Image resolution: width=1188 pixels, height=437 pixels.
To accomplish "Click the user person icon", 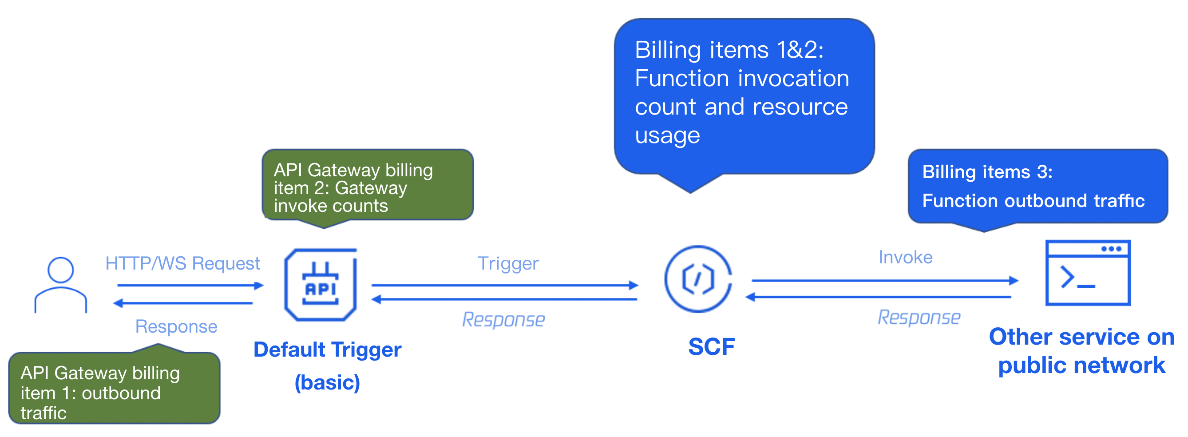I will tap(60, 285).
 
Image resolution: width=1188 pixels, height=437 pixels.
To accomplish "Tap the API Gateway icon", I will tap(321, 285).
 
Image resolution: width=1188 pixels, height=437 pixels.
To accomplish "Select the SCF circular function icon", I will tap(698, 279).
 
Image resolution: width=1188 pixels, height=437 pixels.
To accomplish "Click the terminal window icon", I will tap(1088, 273).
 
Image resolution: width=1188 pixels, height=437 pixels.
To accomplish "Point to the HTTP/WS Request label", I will tap(182, 263).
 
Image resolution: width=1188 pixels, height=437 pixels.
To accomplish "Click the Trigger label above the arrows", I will tap(508, 263).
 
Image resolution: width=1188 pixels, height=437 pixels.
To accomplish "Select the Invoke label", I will tap(905, 258).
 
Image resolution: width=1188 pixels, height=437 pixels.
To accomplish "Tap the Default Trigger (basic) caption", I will tap(328, 365).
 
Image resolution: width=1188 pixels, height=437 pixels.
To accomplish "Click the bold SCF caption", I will tap(711, 347).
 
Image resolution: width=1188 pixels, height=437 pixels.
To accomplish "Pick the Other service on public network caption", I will tap(1081, 351).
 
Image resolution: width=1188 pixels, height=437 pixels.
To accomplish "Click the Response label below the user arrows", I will tap(176, 327).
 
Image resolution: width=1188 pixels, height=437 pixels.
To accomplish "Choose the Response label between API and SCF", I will tap(503, 320).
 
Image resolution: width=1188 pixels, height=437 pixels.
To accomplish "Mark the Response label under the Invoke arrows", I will tap(919, 318).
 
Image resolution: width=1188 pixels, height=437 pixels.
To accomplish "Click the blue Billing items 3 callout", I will tap(1038, 187).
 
